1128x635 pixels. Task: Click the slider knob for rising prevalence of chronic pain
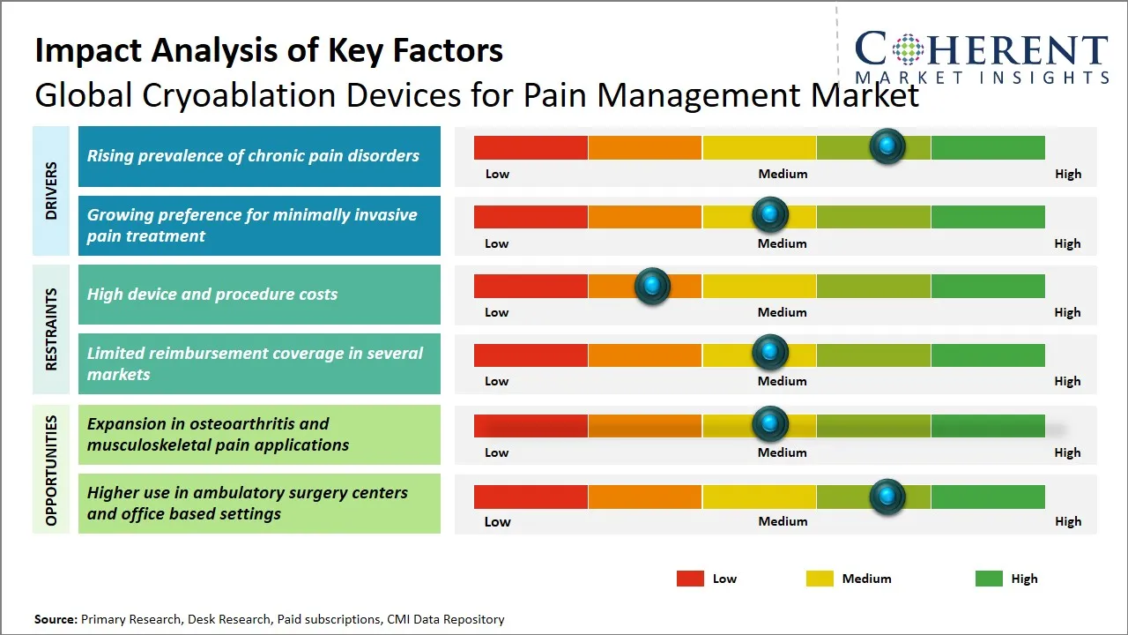(887, 146)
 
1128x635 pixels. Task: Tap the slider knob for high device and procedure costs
(652, 286)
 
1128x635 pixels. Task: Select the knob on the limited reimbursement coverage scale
(769, 353)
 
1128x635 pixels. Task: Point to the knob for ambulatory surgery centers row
(887, 497)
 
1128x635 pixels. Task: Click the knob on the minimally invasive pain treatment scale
(769, 214)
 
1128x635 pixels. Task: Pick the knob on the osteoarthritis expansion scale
(769, 424)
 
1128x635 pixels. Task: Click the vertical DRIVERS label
(51, 190)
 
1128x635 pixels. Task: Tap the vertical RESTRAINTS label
(51, 329)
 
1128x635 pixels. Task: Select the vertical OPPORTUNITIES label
(51, 470)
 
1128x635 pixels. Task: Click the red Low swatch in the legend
(690, 579)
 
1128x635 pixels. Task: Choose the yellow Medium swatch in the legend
(820, 579)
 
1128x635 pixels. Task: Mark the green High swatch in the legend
(989, 579)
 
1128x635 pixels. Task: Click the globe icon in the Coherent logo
(907, 49)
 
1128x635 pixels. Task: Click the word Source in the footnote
(56, 619)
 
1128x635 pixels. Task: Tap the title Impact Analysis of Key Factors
(269, 50)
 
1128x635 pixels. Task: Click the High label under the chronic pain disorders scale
(1067, 174)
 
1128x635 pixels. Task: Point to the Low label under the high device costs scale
(497, 312)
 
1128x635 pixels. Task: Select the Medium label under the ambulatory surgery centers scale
(783, 521)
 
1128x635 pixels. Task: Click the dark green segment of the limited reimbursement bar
(987, 355)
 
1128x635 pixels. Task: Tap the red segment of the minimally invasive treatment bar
(531, 217)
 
